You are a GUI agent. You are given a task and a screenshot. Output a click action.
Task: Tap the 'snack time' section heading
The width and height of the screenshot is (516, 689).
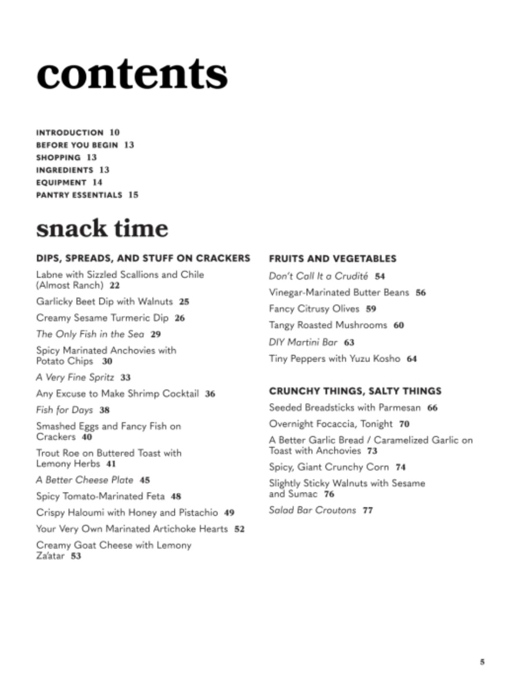[x=102, y=228]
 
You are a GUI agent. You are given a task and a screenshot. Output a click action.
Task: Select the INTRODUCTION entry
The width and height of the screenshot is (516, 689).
[x=70, y=133]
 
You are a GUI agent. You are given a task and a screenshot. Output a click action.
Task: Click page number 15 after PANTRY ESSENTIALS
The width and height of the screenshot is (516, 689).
[x=133, y=195]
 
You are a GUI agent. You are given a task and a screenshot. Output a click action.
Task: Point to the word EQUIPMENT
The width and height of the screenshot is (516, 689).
[x=61, y=183]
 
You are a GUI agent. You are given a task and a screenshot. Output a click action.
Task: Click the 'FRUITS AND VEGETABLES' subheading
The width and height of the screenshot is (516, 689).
[x=332, y=259]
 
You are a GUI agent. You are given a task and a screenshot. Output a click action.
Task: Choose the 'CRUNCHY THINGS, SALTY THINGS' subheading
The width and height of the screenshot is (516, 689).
[x=355, y=391]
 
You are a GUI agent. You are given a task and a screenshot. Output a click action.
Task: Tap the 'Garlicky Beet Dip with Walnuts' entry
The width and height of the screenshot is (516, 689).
[x=104, y=301]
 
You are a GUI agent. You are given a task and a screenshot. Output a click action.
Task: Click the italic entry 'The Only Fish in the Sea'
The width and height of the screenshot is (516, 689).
[x=90, y=334]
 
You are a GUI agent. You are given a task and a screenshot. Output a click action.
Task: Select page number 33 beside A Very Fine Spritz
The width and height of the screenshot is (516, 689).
[x=125, y=378]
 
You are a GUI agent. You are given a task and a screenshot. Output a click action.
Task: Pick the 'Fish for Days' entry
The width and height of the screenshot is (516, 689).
[x=64, y=410]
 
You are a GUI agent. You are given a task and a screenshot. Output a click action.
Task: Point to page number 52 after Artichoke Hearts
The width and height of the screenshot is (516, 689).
[x=239, y=529]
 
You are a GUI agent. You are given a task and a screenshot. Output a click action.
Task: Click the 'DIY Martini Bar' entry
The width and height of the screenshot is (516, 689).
[x=303, y=342]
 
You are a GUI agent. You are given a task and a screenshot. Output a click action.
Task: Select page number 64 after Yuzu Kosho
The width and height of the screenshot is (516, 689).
[x=412, y=359]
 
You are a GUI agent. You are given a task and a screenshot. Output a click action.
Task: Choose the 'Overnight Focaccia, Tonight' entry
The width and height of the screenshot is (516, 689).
[x=331, y=424]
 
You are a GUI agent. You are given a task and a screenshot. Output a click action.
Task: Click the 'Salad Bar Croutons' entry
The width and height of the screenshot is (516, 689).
[x=312, y=510]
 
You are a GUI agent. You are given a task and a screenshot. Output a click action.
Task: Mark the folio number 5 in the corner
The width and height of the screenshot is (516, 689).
[x=482, y=662]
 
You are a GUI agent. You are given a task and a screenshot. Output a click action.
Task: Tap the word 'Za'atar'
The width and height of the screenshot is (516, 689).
[x=50, y=556]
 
